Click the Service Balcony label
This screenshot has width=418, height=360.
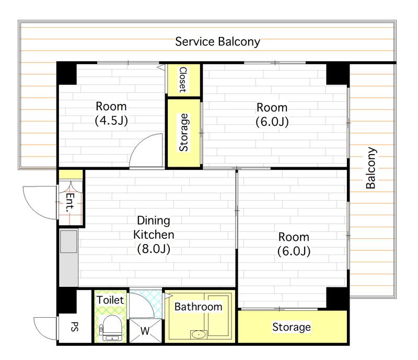217,42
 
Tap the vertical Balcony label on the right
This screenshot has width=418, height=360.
371,168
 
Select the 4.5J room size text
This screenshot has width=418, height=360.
111,121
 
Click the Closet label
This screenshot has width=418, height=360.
183,79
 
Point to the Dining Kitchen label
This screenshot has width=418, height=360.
154,227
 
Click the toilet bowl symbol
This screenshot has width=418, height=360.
112,328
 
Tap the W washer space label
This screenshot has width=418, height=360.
145,331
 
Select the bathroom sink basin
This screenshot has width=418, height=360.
199,334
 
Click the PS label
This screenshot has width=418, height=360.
75,327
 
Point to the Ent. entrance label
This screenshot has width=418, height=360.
70,202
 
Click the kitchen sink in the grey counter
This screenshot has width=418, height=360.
69,241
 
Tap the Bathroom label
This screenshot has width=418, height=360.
199,307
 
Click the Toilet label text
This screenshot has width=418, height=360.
110,300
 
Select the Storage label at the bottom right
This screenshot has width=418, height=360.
292,327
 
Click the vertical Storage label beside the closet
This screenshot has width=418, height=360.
184,133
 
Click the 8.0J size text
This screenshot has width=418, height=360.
154,249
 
